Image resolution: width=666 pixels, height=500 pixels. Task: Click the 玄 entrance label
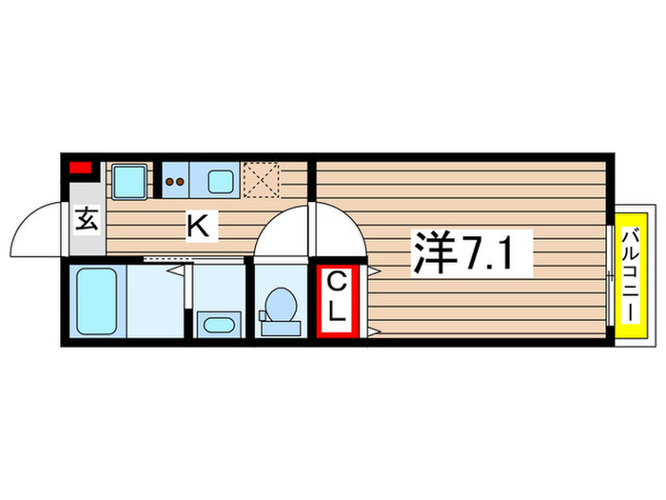[x=86, y=220]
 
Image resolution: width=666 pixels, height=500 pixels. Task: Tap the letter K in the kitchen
[x=198, y=227]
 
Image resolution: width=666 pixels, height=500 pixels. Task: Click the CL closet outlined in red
[x=339, y=299]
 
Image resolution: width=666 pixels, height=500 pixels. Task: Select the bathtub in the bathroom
[x=95, y=300]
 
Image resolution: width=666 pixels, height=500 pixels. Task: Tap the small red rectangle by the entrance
[x=81, y=169]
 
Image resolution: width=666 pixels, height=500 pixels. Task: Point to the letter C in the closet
[x=338, y=282]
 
